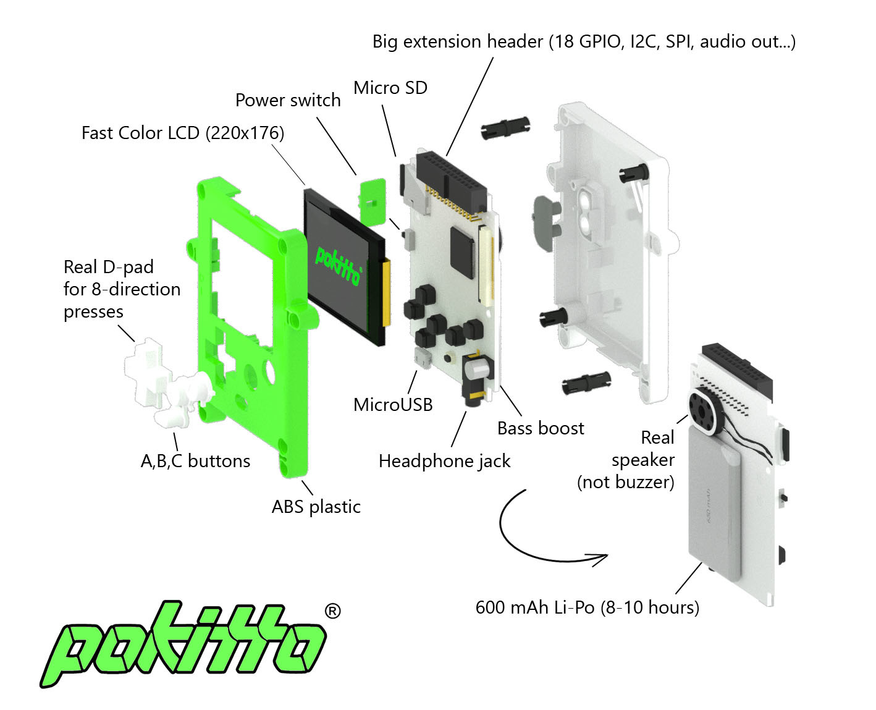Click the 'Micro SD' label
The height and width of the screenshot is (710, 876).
tap(390, 88)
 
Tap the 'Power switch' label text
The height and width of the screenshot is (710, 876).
tap(288, 100)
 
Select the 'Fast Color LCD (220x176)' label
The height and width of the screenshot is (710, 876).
tap(183, 133)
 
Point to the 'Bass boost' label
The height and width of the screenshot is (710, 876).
tap(541, 428)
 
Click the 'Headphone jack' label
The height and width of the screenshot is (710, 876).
tap(445, 461)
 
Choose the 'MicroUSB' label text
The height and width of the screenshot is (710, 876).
tap(393, 405)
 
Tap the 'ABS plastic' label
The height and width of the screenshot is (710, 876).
tap(316, 507)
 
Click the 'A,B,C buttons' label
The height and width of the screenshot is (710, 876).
tap(195, 461)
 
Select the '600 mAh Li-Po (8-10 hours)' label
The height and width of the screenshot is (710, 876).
tap(588, 607)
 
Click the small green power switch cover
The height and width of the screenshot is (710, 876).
tap(373, 201)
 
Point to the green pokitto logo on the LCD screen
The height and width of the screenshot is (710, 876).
tap(338, 264)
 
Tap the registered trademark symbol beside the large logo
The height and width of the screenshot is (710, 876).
tap(332, 611)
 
